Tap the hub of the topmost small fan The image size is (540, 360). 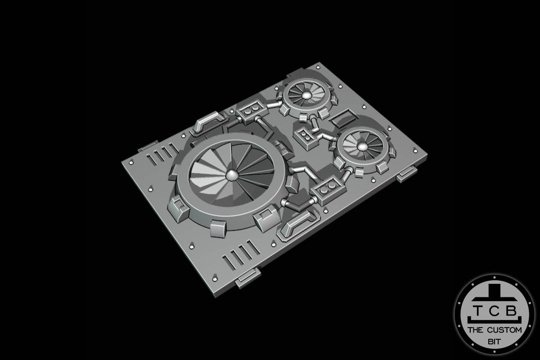coord(306,95)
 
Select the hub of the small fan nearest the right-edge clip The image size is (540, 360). coord(363,146)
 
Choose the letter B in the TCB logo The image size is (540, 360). coord(513,310)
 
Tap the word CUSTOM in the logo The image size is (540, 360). coord(504,330)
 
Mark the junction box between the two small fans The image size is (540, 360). coord(306,137)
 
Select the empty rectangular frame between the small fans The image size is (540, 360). coord(343,117)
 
